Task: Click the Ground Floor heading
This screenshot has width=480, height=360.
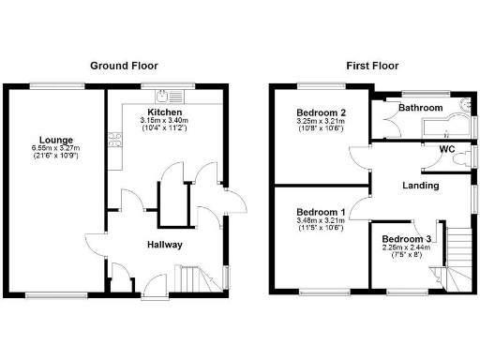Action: [123, 67]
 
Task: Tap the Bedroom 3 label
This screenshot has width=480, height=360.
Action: [406, 239]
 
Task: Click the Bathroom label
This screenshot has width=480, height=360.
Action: [420, 108]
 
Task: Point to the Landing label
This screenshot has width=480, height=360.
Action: [420, 186]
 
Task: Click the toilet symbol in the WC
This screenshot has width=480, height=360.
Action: [460, 160]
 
